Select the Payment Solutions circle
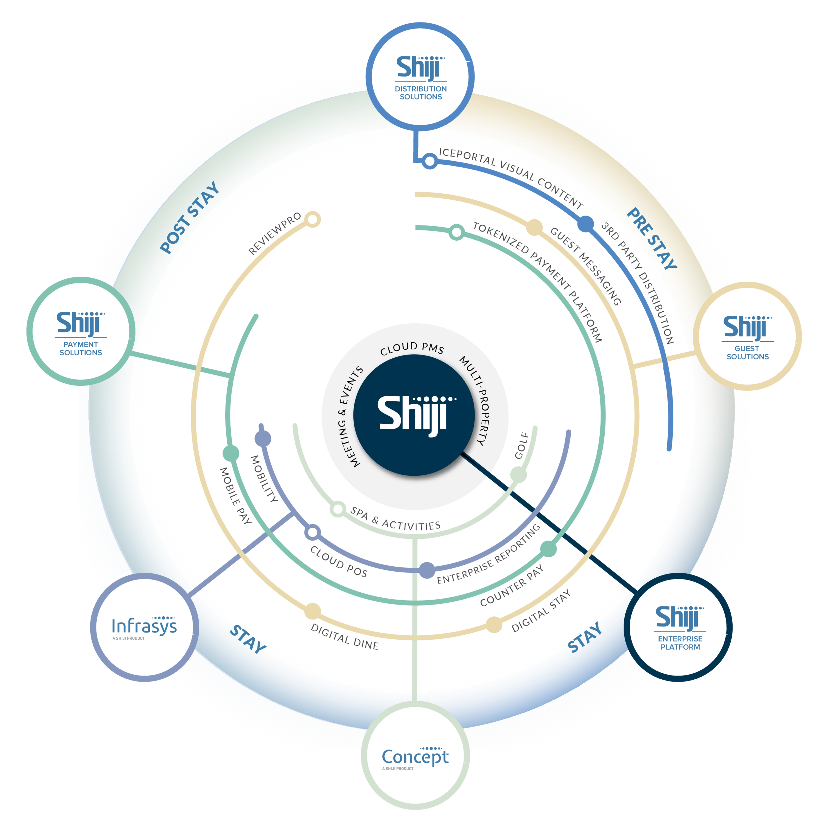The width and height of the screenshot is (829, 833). [81, 331]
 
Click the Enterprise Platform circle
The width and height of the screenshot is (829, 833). [678, 627]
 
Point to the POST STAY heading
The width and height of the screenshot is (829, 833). [189, 217]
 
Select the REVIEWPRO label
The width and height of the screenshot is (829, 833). [275, 234]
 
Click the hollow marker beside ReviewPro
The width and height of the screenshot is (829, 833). [313, 219]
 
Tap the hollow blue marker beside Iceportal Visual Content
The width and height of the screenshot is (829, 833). [430, 161]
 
